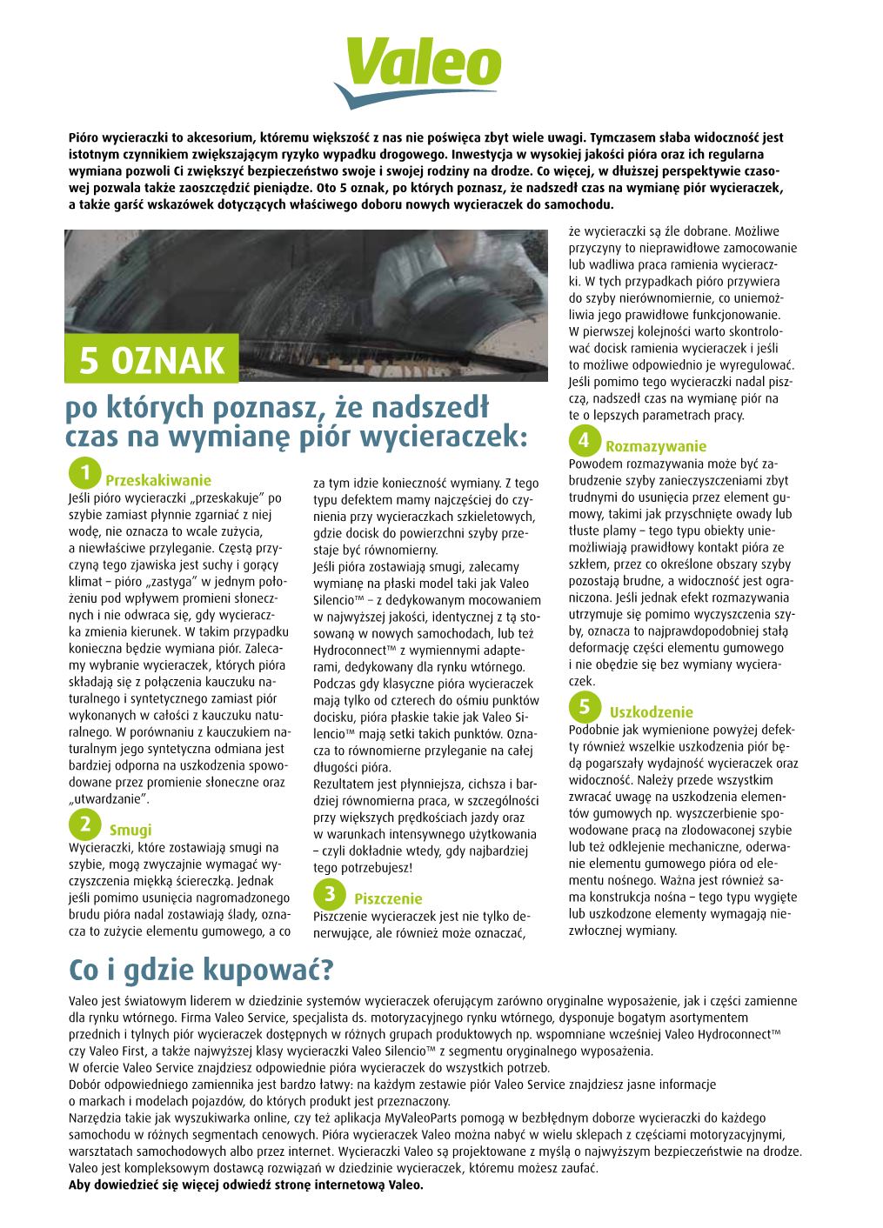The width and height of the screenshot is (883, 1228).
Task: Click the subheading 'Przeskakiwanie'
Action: [157, 480]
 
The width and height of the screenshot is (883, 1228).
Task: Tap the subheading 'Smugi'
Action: [130, 830]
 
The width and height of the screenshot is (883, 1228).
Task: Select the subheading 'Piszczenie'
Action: [387, 899]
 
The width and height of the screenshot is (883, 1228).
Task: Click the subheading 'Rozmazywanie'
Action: [656, 447]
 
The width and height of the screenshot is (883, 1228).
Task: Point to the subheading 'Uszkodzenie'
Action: [651, 712]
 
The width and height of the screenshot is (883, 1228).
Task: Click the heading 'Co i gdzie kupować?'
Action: [200, 968]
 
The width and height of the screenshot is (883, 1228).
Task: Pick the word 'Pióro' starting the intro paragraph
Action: [84, 137]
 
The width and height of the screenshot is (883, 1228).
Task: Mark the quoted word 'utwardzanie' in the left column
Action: [110, 798]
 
